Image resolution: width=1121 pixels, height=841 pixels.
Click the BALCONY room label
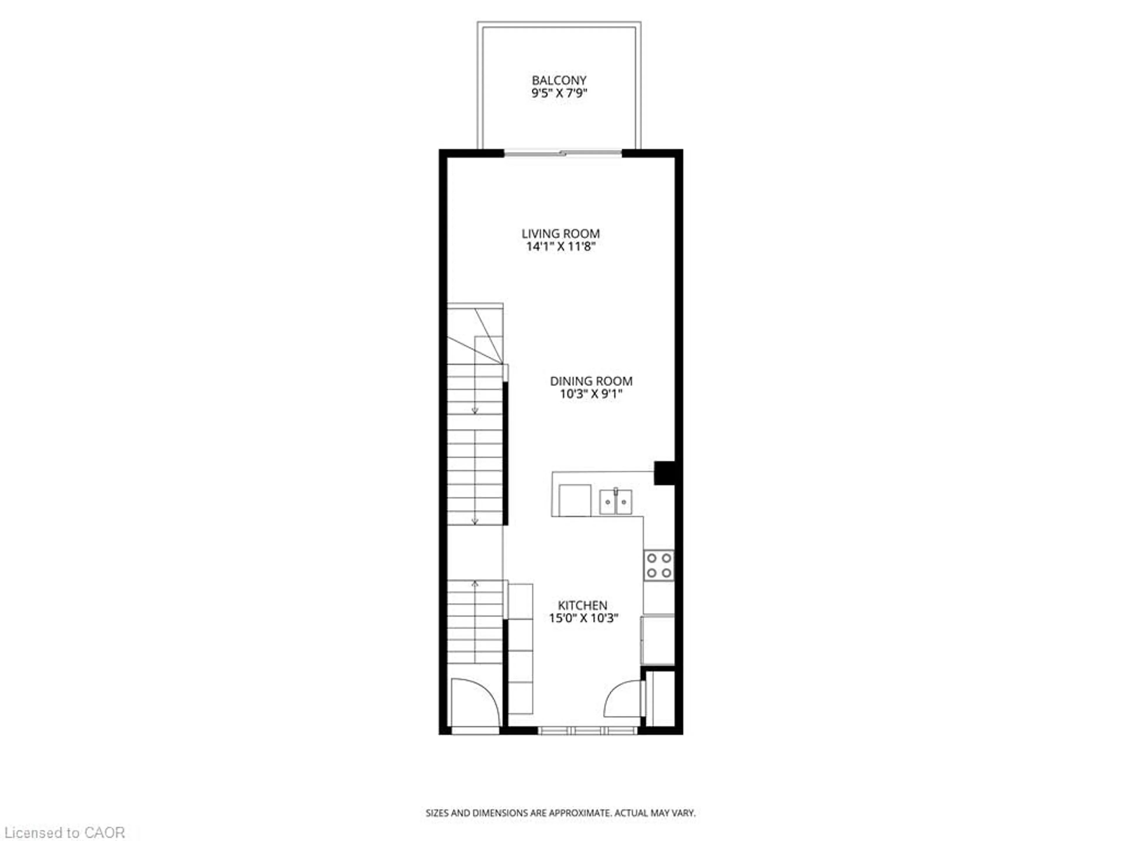pyautogui.click(x=559, y=80)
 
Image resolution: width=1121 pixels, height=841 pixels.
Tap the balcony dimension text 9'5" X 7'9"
pyautogui.click(x=559, y=93)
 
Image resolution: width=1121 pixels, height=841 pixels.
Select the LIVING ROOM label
pyautogui.click(x=560, y=234)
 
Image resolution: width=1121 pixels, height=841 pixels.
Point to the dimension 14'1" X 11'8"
pyautogui.click(x=560, y=247)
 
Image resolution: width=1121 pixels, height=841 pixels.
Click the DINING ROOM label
pyautogui.click(x=591, y=381)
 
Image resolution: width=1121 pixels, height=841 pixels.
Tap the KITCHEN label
pyautogui.click(x=582, y=605)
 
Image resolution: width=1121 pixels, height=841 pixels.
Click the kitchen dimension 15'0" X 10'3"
pyautogui.click(x=584, y=618)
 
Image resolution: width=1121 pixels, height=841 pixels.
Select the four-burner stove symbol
pyautogui.click(x=659, y=565)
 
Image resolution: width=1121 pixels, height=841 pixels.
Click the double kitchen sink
pyautogui.click(x=615, y=501)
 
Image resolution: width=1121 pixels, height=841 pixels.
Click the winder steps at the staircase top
pyautogui.click(x=475, y=335)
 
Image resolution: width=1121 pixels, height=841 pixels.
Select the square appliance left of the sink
pyautogui.click(x=575, y=500)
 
